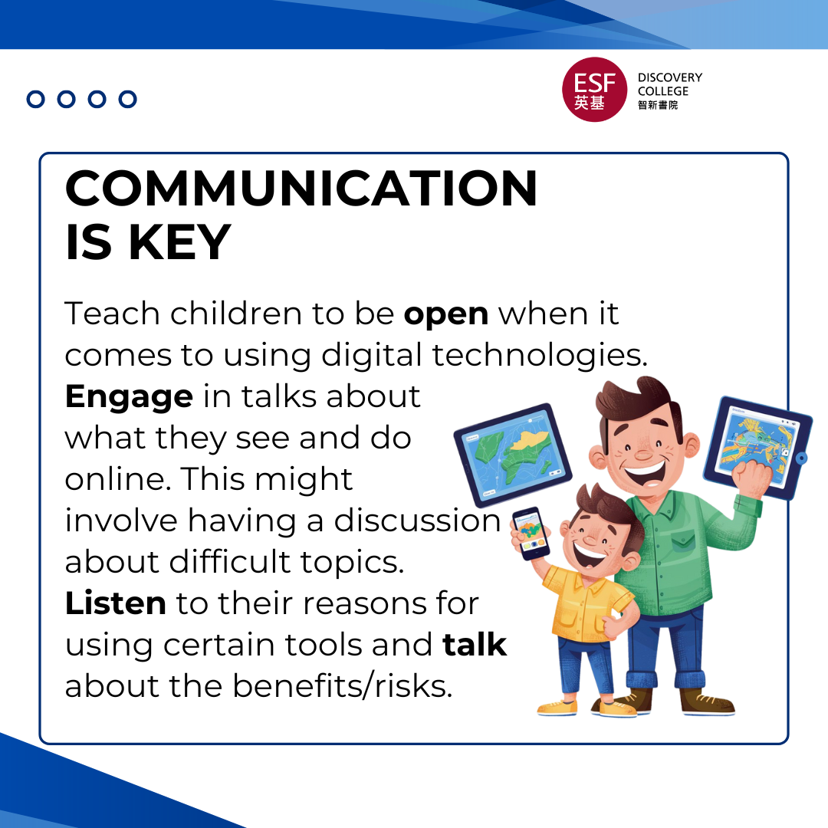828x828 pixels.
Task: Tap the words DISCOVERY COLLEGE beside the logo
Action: [x=669, y=84]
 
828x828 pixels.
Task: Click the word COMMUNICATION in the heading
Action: [x=301, y=189]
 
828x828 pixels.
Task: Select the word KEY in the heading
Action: [x=179, y=242]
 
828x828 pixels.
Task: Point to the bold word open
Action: [x=446, y=314]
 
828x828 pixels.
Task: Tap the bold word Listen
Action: [x=115, y=603]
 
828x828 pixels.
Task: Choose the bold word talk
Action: [x=475, y=645]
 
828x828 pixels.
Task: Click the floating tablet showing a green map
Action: [x=512, y=454]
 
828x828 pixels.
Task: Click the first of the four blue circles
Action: [x=36, y=99]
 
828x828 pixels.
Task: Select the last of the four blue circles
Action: [x=128, y=99]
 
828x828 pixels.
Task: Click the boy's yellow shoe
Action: [x=557, y=706]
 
